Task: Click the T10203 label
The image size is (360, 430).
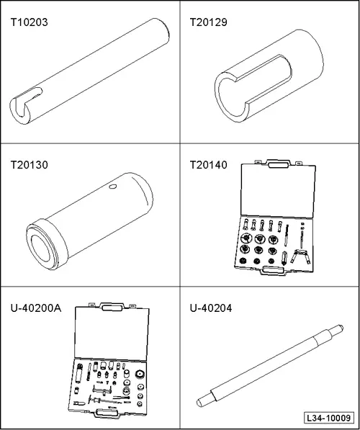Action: pos(29,22)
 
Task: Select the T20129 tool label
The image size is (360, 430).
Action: pos(208,22)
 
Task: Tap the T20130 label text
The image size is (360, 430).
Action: pos(29,165)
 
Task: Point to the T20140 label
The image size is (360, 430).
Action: pos(208,165)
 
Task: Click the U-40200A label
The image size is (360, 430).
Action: pos(36,308)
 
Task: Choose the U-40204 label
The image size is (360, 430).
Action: pos(211,308)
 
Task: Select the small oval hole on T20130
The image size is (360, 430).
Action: pos(113,187)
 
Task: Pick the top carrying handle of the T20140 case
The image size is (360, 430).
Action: pos(278,164)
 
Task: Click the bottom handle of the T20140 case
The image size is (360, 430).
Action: pos(273,270)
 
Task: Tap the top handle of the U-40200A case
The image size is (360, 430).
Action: pos(112,307)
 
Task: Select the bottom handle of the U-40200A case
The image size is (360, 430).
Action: pos(107,413)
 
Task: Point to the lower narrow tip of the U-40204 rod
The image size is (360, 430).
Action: pos(203,401)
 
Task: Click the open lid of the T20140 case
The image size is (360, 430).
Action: pos(277,192)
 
